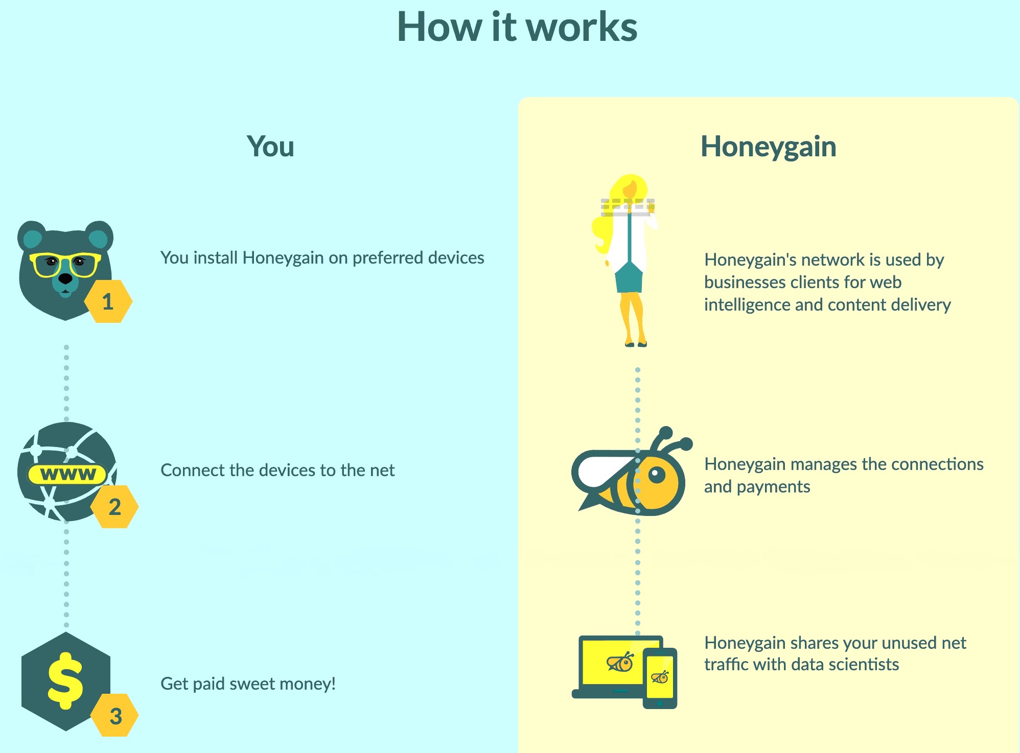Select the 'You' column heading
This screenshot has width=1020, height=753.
(270, 147)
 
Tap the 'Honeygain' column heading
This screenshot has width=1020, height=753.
(768, 147)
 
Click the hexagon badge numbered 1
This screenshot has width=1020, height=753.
(108, 301)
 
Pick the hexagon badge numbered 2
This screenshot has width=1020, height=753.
(114, 507)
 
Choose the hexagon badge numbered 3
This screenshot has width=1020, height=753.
(115, 716)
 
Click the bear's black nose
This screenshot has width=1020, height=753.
(65, 279)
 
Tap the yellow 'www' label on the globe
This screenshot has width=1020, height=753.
(67, 474)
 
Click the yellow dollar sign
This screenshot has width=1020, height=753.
(65, 680)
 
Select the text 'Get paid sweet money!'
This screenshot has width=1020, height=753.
(248, 684)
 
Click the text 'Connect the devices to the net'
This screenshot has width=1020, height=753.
(277, 470)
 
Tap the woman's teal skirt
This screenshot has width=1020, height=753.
(629, 278)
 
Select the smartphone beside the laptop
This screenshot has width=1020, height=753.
(660, 678)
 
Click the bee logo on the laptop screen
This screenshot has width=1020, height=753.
(620, 663)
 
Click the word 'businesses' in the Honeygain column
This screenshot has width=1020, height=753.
(746, 282)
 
